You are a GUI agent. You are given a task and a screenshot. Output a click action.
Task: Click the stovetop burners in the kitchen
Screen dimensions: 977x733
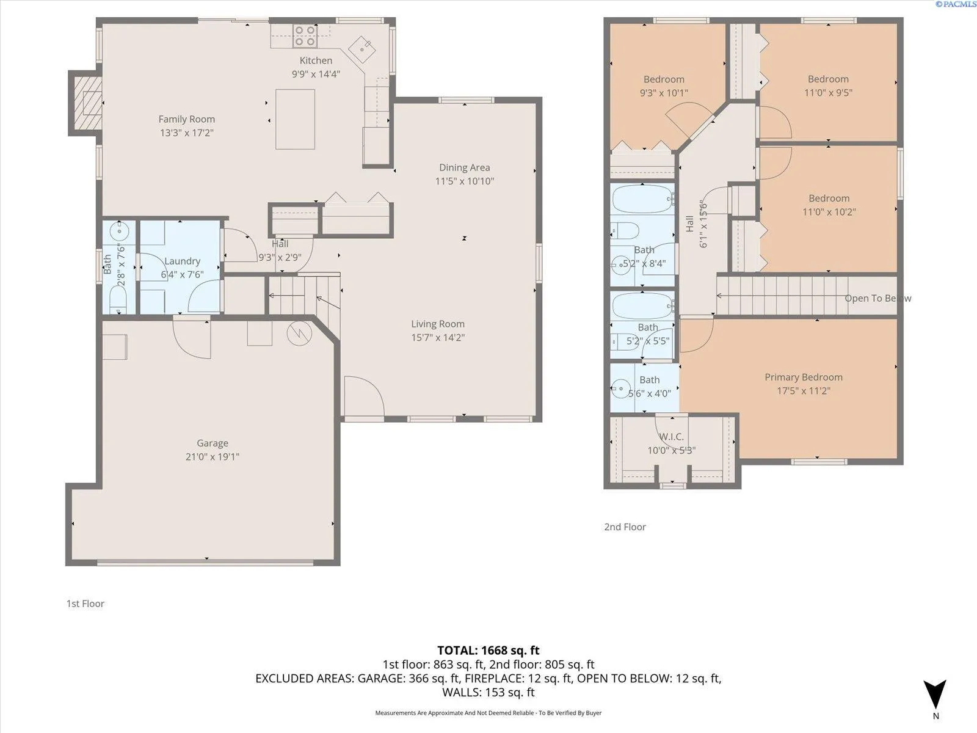click(305, 36)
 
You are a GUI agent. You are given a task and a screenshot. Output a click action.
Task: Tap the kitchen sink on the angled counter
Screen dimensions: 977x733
click(361, 49)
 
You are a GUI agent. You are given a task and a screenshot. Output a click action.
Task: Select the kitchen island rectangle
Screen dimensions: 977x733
click(295, 119)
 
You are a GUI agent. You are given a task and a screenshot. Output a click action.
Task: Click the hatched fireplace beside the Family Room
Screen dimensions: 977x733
click(87, 103)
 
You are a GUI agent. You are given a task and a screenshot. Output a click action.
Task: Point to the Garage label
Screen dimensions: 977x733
click(212, 443)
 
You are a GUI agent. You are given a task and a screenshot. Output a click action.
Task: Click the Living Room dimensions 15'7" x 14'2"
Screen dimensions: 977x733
click(438, 337)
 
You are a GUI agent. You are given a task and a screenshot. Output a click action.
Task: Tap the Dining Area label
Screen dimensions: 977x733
click(465, 168)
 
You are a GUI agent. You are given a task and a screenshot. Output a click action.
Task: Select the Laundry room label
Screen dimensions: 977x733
click(183, 261)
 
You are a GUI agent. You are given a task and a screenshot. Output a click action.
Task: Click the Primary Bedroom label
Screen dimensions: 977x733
click(804, 377)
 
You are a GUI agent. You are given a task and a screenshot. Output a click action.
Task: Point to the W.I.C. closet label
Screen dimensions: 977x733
click(671, 437)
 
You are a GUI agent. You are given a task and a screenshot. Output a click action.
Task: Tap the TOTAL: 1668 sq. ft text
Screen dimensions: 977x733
click(488, 651)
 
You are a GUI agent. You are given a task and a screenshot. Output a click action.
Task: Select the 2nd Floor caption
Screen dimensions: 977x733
click(625, 527)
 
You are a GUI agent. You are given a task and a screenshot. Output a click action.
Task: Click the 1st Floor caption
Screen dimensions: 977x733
click(85, 604)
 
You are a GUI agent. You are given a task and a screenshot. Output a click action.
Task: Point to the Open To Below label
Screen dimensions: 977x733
click(877, 298)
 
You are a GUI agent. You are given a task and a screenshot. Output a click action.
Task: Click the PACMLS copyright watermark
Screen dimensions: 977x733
click(956, 4)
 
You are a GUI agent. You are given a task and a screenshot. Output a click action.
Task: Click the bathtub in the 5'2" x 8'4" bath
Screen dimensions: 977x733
click(643, 199)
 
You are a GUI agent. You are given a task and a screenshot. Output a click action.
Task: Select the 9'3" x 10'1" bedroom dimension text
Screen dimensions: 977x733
click(664, 93)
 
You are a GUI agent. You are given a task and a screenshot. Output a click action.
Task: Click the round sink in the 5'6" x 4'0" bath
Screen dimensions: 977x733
click(620, 388)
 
